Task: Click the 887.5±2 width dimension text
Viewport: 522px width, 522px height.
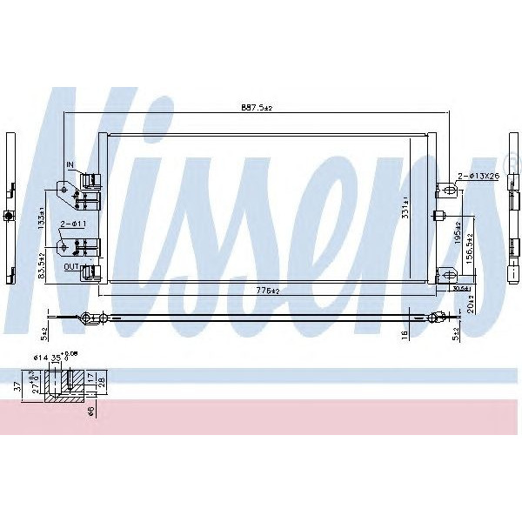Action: pyautogui.click(x=258, y=108)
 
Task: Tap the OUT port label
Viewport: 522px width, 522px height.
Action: pyautogui.click(x=71, y=268)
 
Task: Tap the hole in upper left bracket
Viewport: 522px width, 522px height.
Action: pyautogui.click(x=63, y=188)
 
